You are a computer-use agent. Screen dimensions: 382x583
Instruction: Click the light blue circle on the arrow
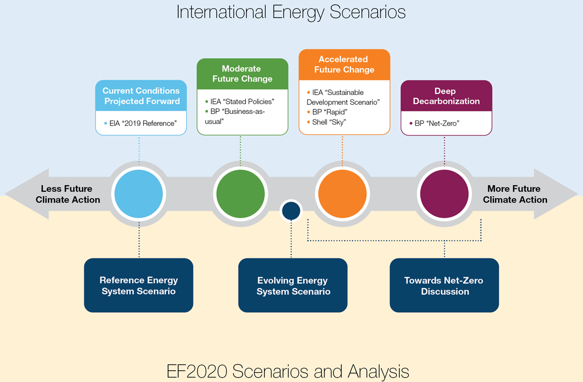pyautogui.click(x=139, y=194)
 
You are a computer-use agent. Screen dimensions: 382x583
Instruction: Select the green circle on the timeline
pyautogui.click(x=241, y=194)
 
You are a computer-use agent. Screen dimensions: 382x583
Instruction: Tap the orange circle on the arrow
pyautogui.click(x=342, y=194)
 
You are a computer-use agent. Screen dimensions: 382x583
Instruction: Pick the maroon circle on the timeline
pyautogui.click(x=444, y=194)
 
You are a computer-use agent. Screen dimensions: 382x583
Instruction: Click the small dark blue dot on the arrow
pyautogui.click(x=291, y=211)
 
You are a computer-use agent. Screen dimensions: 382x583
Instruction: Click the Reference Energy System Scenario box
pyautogui.click(x=139, y=286)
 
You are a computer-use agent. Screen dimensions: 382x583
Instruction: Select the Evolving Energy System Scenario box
pyautogui.click(x=293, y=286)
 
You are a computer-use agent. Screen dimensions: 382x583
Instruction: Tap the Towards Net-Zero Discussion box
pyautogui.click(x=444, y=286)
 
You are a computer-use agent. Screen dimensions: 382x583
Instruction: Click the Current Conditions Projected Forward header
pyautogui.click(x=141, y=96)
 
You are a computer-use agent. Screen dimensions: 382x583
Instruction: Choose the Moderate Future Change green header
pyautogui.click(x=242, y=74)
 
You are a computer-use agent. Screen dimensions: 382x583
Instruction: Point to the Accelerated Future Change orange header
pyautogui.click(x=344, y=64)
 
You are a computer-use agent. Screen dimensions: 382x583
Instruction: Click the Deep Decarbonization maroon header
pyautogui.click(x=446, y=96)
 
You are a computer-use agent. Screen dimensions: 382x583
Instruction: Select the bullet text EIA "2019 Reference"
pyautogui.click(x=143, y=123)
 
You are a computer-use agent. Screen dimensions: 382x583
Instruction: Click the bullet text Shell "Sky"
pyautogui.click(x=328, y=122)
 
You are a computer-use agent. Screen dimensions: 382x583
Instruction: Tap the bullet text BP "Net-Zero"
pyautogui.click(x=437, y=123)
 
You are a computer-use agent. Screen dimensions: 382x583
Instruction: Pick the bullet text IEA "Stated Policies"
pyautogui.click(x=242, y=102)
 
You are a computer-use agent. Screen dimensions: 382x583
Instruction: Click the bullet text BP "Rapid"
pyautogui.click(x=329, y=112)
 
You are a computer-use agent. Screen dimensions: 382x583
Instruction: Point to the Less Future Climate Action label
pyautogui.click(x=67, y=194)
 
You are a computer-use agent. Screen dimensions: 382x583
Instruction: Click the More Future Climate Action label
pyautogui.click(x=515, y=194)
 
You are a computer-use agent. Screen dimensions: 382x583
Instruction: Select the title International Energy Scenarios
pyautogui.click(x=291, y=12)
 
